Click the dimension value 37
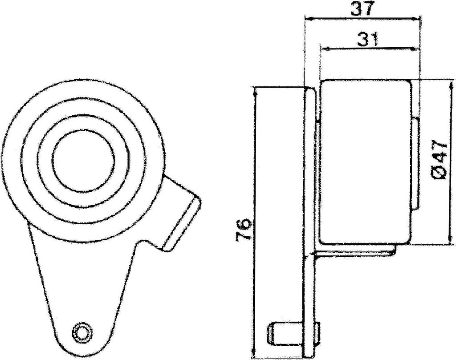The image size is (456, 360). click(x=362, y=9)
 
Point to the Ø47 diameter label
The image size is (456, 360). click(x=438, y=159)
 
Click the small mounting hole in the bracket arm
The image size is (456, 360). click(x=81, y=332)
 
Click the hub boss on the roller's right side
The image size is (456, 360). click(x=415, y=163)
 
